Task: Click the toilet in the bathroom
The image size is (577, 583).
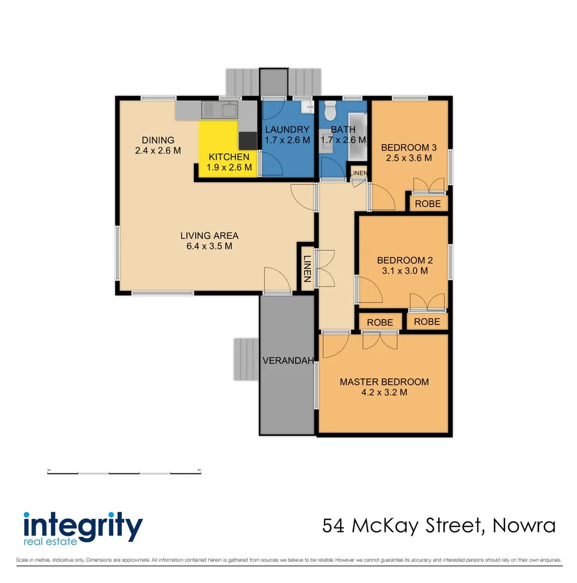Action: click(x=330, y=112)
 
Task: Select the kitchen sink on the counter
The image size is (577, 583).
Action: click(x=220, y=111)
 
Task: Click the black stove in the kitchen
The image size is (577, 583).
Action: click(x=248, y=140)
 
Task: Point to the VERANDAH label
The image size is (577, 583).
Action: click(x=288, y=361)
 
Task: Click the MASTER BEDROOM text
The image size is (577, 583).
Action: click(x=384, y=382)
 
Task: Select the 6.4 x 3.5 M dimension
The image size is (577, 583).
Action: click(x=209, y=247)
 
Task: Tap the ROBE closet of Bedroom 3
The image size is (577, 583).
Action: click(x=428, y=204)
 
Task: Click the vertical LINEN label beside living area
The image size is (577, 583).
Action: click(x=307, y=269)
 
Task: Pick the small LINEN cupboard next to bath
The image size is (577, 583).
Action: click(x=359, y=173)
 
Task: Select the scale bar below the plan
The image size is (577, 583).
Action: click(x=125, y=473)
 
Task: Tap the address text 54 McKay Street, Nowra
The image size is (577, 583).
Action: click(x=438, y=525)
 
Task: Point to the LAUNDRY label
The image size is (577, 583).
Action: click(x=287, y=130)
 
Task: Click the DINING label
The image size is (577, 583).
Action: click(x=158, y=140)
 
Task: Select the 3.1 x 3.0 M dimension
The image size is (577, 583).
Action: click(x=402, y=271)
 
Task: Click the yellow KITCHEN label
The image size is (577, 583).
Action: click(x=229, y=157)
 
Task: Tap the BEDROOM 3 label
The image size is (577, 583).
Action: click(x=408, y=147)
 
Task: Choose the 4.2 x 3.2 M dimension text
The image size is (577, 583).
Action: click(x=384, y=393)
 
